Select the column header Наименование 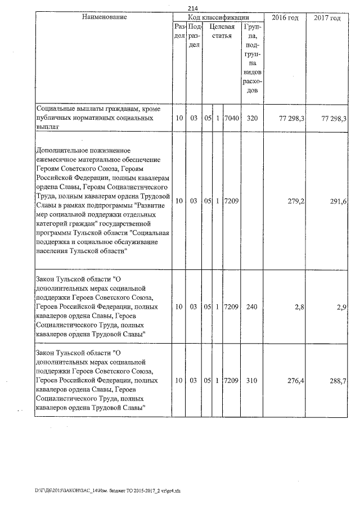(104, 17)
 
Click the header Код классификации (218, 17)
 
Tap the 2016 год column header (285, 18)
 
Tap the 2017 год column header (327, 18)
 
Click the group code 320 (251, 119)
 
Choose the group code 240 (251, 308)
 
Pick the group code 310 (251, 381)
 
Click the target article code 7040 (231, 119)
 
